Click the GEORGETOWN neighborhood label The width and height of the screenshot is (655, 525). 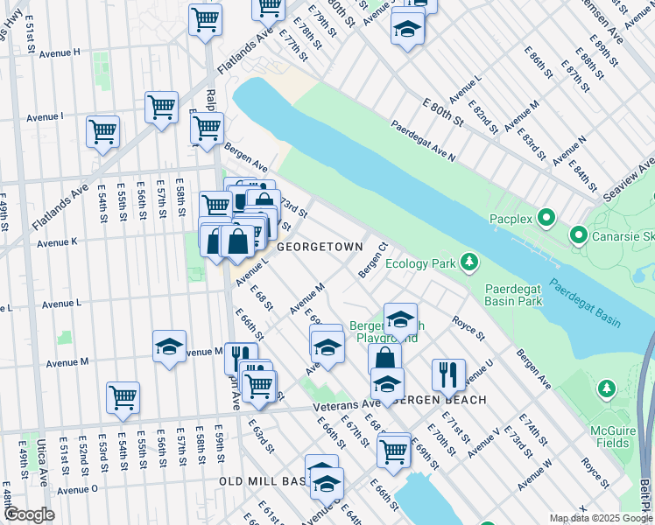[x=320, y=248]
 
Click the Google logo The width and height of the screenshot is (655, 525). [x=29, y=514]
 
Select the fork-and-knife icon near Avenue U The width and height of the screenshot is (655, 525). [x=447, y=374]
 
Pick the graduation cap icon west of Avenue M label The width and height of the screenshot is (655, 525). [x=169, y=346]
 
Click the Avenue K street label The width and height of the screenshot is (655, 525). [x=57, y=242]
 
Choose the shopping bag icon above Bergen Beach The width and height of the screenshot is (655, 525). [x=384, y=358]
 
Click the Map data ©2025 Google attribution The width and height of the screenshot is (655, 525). [x=600, y=517]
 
